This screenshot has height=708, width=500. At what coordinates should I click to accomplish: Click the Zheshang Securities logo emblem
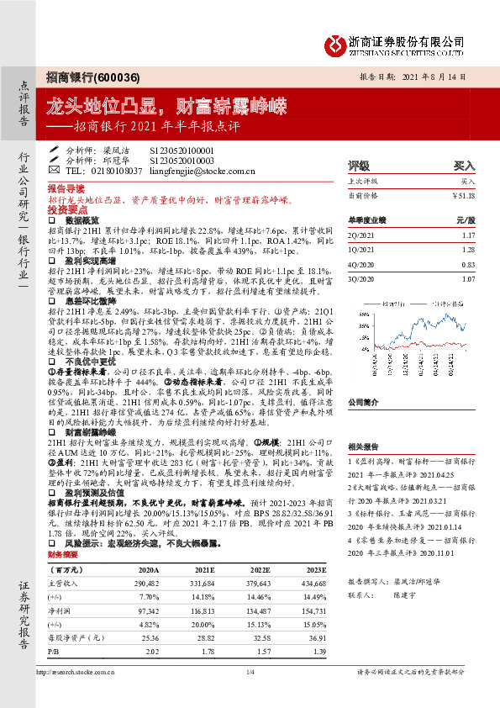(x=335, y=44)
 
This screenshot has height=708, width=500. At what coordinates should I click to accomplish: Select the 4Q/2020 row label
(x=361, y=265)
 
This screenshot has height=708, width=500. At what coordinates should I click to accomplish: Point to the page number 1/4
(x=250, y=672)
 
